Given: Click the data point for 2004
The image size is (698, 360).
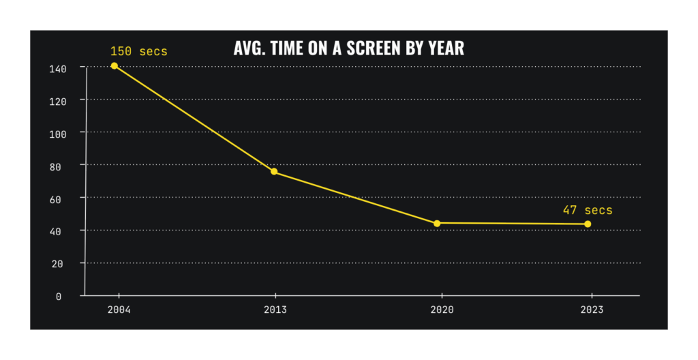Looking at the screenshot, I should (114, 66).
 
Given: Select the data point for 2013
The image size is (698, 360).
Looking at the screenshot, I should (274, 172).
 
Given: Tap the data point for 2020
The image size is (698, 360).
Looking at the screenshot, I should (437, 224).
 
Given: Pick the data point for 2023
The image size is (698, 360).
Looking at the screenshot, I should (588, 224).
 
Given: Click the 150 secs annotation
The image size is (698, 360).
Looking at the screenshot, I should (139, 51).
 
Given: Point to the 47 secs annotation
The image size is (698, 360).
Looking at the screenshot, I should (587, 210).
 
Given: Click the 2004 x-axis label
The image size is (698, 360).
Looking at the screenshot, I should (119, 310).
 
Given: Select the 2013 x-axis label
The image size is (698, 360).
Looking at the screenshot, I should (275, 310).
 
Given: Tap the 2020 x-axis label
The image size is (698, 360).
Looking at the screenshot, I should (442, 310).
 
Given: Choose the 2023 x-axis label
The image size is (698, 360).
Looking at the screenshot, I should (592, 310).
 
